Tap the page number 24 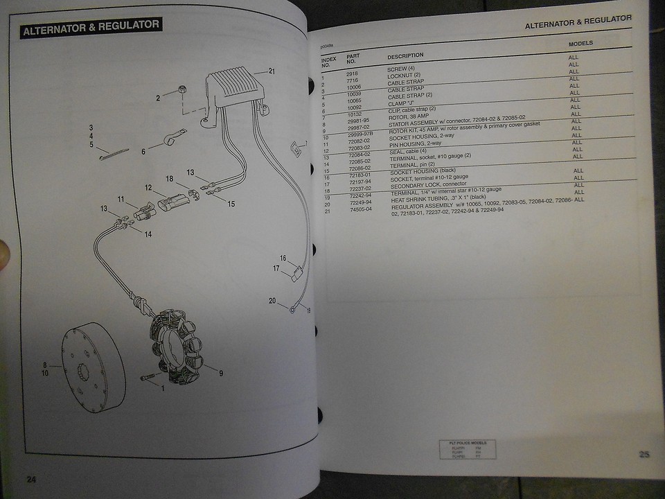30,479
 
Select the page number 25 644,455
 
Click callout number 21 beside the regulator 272,71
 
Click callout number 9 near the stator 220,374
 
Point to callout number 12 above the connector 148,187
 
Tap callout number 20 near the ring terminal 272,301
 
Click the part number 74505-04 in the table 360,209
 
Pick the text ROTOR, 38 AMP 409,117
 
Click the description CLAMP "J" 400,102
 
